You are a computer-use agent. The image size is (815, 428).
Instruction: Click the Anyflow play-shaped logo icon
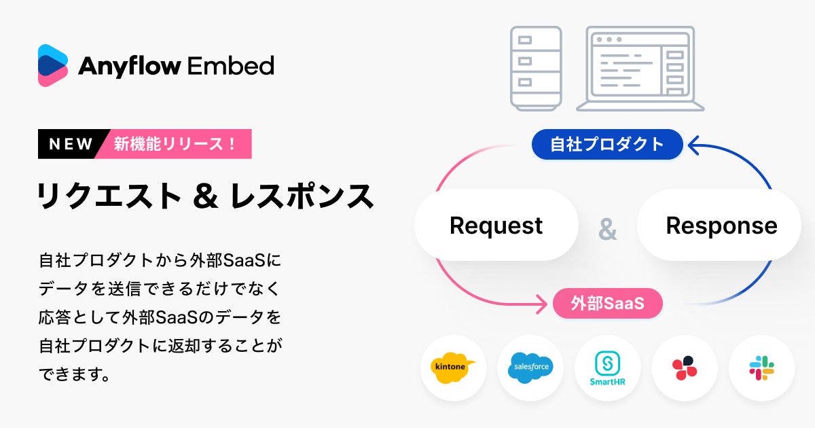pos(53,65)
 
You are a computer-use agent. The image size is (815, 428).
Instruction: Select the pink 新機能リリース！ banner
pos(175,144)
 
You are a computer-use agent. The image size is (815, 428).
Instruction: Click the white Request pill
pos(496,226)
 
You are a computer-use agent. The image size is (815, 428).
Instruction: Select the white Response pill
pos(721,226)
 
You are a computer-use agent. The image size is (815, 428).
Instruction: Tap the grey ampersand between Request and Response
pos(607,230)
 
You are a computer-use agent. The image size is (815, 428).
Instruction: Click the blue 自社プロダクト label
pos(606,144)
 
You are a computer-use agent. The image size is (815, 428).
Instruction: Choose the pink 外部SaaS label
pos(607,304)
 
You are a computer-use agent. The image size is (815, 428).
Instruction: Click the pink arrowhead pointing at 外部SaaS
pos(541,304)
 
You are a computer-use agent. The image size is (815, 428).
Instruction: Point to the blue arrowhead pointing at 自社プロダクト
pos(694,143)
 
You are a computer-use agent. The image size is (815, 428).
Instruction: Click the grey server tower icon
pos(536,68)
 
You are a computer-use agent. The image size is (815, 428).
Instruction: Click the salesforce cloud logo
pos(530,368)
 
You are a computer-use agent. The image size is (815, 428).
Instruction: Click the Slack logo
pos(761,368)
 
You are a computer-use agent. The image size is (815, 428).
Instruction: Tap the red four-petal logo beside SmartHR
pos(685,368)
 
